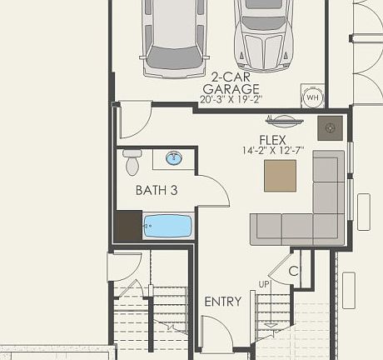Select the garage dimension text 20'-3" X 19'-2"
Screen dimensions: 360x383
coord(230,99)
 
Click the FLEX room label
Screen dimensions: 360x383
coord(272,139)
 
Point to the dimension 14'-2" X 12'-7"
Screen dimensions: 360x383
coord(272,151)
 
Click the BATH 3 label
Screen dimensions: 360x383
coord(157,190)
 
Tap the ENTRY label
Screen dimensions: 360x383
coord(222,302)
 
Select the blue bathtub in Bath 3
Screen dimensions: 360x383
coord(167,226)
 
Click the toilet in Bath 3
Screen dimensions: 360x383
coord(132,162)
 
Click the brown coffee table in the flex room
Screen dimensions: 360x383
coord(280,175)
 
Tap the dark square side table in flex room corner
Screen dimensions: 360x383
coord(331,127)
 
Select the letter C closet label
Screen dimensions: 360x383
coord(293,271)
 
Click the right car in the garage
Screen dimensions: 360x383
coord(264,33)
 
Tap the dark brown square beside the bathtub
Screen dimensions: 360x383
coord(127,226)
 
